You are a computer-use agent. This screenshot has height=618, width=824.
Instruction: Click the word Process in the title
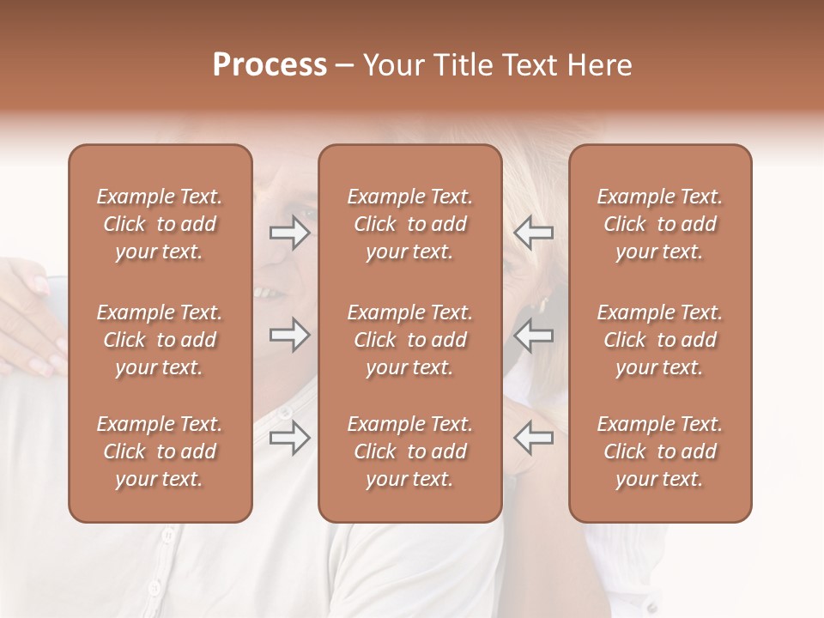[270, 65]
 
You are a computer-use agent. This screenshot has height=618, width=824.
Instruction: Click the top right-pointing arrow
[290, 233]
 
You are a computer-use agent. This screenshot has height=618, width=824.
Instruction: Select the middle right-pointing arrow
[290, 335]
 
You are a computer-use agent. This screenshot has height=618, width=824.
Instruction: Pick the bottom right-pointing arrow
[290, 438]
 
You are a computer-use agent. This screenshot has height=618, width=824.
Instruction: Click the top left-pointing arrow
[533, 233]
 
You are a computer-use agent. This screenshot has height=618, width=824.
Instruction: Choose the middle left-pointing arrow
[533, 335]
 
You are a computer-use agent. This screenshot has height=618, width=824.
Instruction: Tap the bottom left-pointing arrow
[533, 438]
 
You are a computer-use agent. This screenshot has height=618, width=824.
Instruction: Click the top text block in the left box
[160, 224]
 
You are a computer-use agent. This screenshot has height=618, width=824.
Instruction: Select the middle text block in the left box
[160, 340]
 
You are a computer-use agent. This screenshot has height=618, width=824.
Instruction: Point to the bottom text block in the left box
[160, 451]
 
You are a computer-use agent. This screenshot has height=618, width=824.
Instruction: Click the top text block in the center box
[409, 224]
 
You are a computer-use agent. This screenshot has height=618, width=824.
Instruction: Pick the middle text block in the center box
[409, 340]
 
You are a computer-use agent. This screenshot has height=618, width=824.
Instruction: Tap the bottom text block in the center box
[409, 451]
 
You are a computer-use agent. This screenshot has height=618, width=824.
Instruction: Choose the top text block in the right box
[659, 224]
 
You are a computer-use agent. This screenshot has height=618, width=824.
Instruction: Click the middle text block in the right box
[659, 340]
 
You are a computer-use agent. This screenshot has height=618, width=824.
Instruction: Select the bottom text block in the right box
[659, 451]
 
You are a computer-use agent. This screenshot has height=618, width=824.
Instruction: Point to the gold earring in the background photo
[542, 304]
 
